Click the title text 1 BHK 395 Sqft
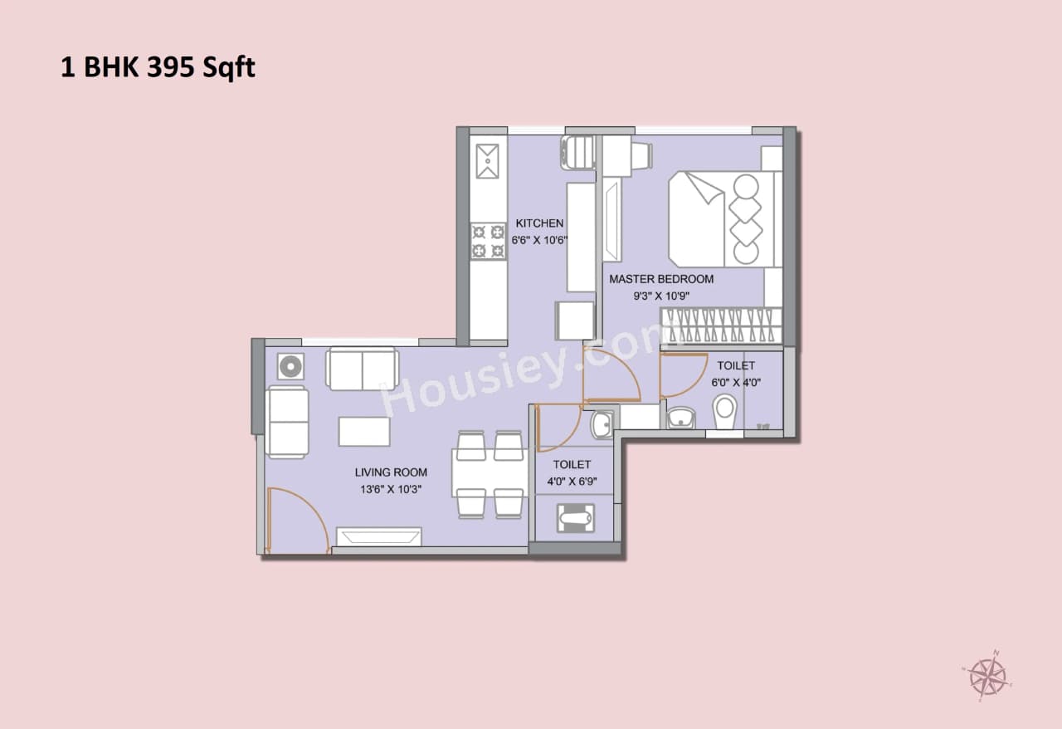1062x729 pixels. (158, 67)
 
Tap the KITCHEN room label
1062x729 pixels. (539, 223)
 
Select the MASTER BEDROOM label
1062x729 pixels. (661, 279)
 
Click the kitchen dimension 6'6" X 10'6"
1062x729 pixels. (539, 240)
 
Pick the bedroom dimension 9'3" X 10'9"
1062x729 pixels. (661, 295)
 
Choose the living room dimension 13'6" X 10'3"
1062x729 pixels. (391, 489)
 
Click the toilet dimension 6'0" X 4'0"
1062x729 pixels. (736, 383)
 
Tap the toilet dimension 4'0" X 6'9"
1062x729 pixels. (572, 481)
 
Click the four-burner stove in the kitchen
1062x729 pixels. (488, 241)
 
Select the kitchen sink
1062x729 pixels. (487, 160)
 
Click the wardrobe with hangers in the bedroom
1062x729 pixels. (720, 325)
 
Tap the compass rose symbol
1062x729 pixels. (987, 673)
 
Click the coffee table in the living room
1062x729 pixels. (364, 432)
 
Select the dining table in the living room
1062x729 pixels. (490, 473)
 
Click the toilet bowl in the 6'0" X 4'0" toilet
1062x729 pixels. (724, 409)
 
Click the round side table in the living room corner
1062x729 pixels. (290, 366)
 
